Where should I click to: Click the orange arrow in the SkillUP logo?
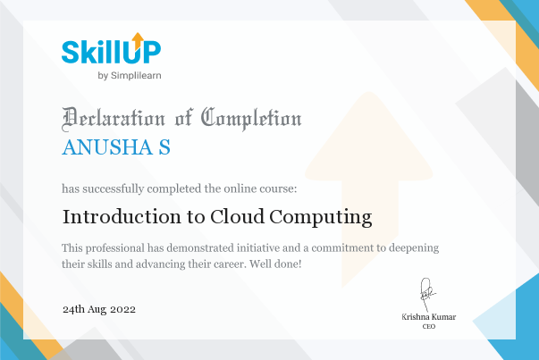click(138, 40)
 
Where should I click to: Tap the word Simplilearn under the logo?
click(136, 76)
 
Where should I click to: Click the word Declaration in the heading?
click(114, 119)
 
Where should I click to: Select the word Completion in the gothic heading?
click(251, 119)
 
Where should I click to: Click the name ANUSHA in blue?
click(107, 147)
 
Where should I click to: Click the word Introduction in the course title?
click(122, 217)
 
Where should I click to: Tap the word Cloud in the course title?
click(237, 217)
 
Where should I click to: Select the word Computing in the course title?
click(321, 218)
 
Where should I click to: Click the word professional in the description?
click(115, 248)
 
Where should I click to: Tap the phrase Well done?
click(275, 264)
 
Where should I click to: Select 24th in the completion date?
click(73, 309)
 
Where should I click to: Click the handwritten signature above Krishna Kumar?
click(427, 295)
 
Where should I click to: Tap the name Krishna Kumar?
click(429, 317)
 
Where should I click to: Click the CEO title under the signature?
click(429, 326)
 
